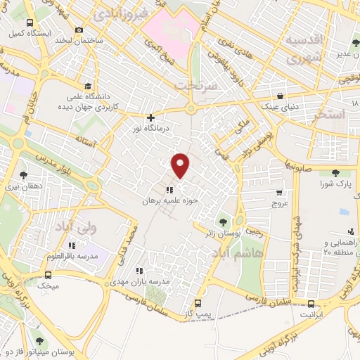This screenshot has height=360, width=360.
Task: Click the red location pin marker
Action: click(x=181, y=165)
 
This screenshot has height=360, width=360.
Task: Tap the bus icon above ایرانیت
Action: click(x=311, y=304)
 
